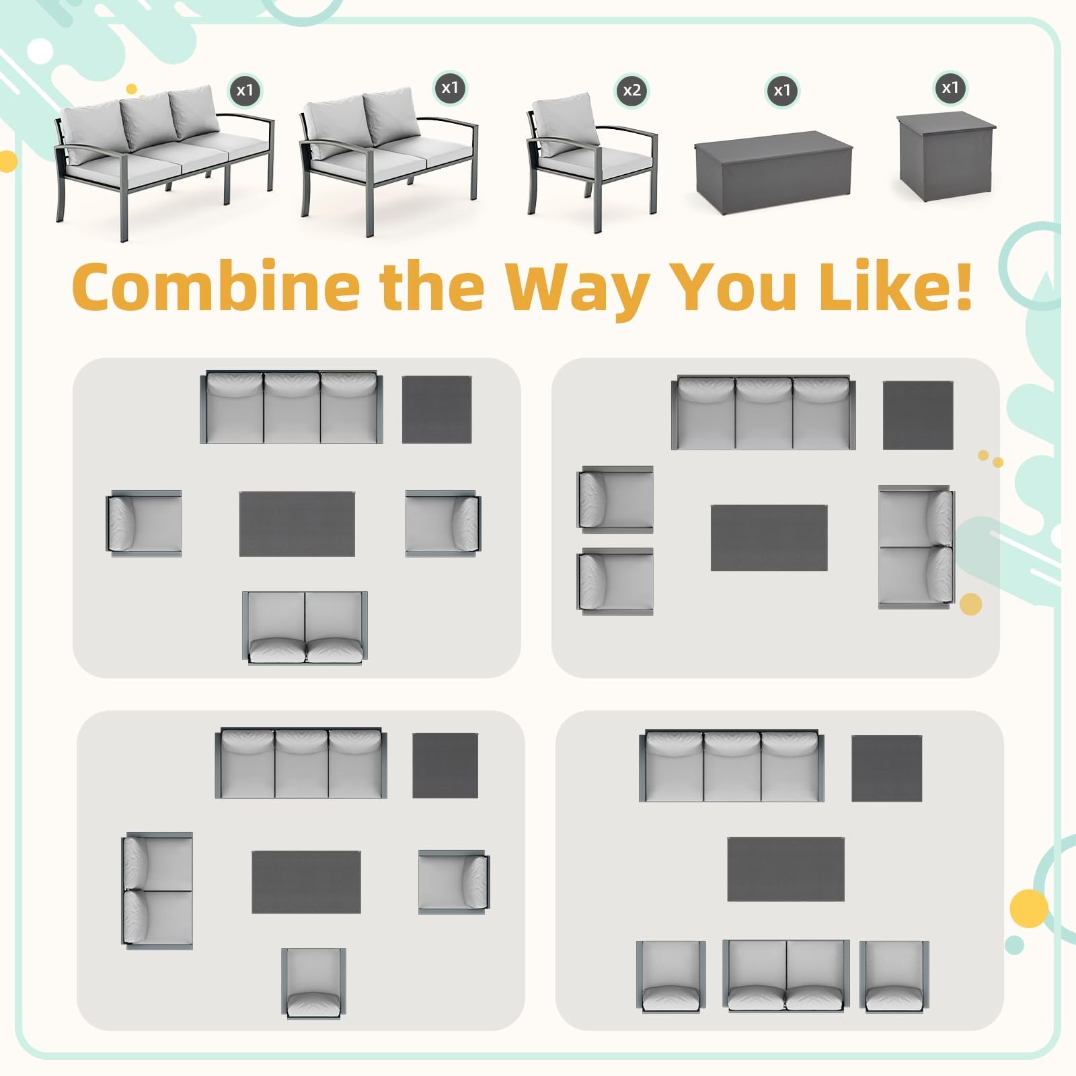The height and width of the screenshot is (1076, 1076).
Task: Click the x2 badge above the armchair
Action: click(631, 90)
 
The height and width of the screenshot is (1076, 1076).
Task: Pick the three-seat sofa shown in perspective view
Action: click(165, 161)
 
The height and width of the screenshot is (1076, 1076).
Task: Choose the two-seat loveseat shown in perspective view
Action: click(389, 161)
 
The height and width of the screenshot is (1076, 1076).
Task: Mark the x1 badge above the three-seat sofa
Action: click(245, 90)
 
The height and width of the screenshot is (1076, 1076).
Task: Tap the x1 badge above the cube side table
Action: click(950, 87)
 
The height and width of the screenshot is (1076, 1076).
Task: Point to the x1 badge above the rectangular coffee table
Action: click(781, 90)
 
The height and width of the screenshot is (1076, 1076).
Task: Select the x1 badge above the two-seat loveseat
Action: click(449, 87)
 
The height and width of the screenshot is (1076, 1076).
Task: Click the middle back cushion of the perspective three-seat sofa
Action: click(146, 125)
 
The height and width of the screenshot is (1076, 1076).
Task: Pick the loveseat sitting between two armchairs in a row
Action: click(785, 975)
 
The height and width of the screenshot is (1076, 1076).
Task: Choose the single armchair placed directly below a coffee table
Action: click(313, 982)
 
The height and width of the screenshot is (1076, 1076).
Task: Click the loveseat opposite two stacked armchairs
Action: click(916, 547)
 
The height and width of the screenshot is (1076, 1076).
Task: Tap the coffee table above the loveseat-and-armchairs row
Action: click(785, 869)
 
